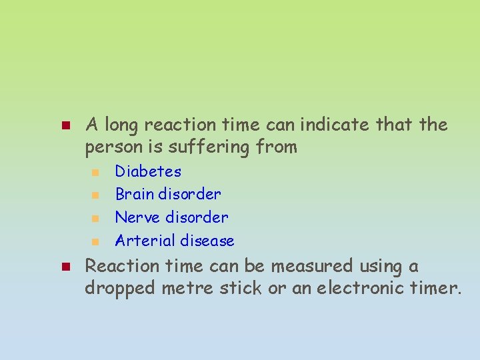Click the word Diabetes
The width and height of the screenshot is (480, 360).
148,171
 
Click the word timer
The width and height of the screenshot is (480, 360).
436,289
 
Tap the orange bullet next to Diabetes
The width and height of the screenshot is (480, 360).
95,172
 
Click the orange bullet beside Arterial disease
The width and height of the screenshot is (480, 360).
95,241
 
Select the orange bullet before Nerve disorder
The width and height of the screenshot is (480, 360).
95,218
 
